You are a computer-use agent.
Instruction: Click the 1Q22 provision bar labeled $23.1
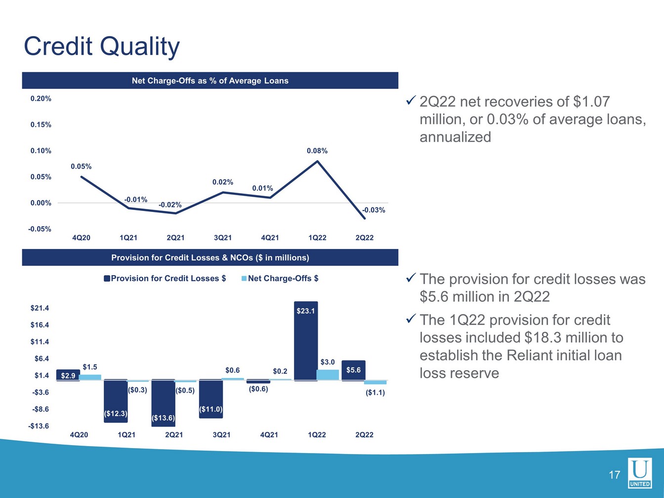[x=306, y=341]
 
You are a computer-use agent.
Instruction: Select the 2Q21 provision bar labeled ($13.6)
[x=163, y=403]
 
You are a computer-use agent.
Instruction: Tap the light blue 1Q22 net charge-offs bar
[x=328, y=375]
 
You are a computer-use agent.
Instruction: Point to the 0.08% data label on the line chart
[x=317, y=151]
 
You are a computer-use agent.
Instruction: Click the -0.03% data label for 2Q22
[x=373, y=210]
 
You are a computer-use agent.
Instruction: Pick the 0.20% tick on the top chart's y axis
[x=41, y=99]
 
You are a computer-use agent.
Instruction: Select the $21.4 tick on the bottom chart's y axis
[x=40, y=308]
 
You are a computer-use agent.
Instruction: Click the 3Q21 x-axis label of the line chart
[x=223, y=238]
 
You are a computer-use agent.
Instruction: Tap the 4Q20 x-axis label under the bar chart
[x=79, y=435]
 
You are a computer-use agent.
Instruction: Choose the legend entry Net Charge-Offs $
[x=283, y=279]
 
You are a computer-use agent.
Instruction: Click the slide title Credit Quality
[x=102, y=46]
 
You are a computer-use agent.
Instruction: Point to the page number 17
[x=614, y=475]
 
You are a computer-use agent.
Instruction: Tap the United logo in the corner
[x=640, y=473]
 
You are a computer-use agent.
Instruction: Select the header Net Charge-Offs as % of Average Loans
[x=210, y=81]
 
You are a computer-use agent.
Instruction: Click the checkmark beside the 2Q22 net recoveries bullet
[x=410, y=101]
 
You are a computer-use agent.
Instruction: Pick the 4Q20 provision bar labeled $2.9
[x=68, y=375]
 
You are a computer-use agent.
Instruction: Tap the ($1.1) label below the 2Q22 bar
[x=375, y=393]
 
